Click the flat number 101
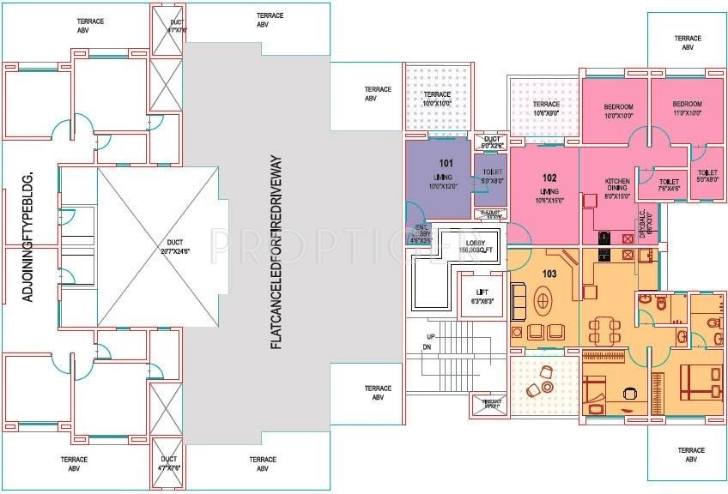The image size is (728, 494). (446, 162)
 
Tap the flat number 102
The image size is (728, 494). (549, 178)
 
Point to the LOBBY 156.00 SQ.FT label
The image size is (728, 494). (476, 246)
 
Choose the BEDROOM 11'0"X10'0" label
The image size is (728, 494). (687, 109)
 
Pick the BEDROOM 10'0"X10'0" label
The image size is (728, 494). (618, 110)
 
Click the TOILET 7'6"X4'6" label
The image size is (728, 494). (668, 186)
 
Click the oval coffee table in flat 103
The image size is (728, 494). (546, 302)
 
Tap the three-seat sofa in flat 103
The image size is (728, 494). (519, 299)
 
